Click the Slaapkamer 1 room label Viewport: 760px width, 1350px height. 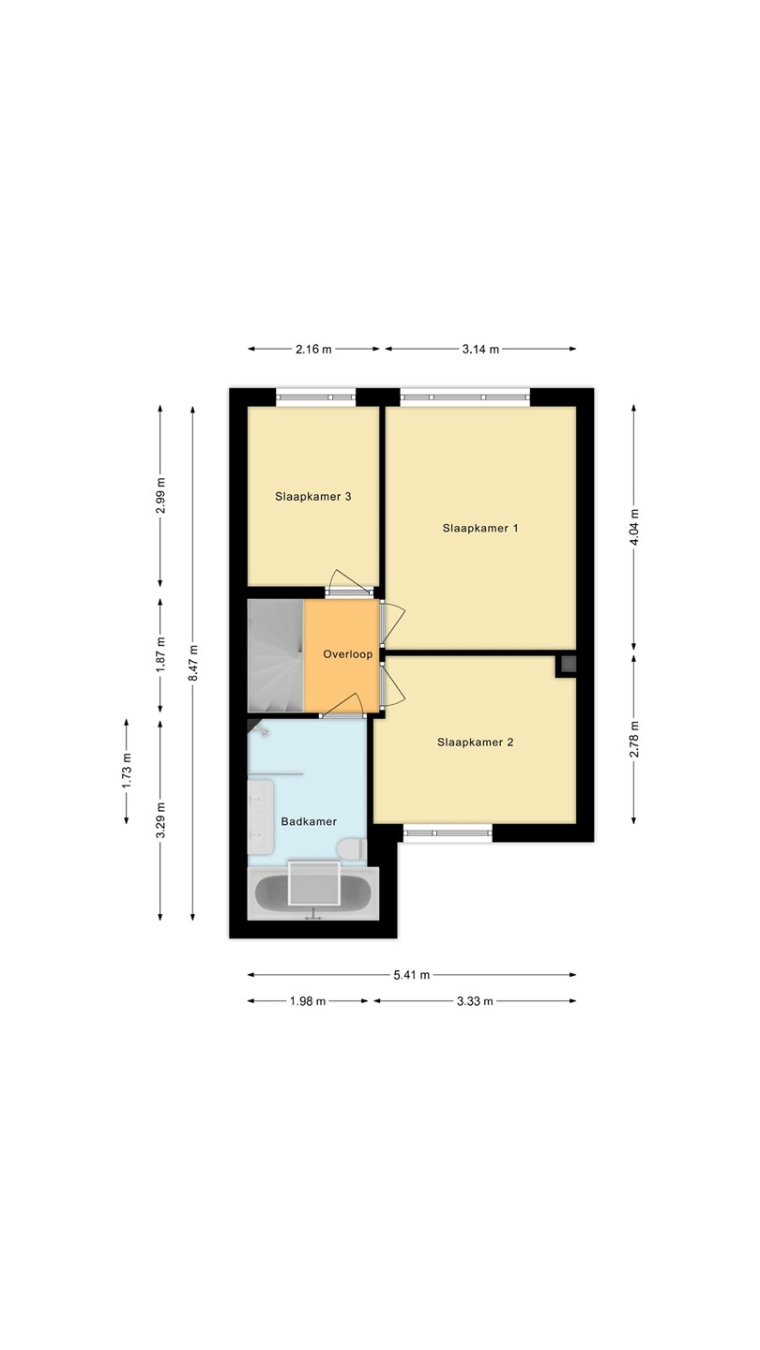[x=480, y=528]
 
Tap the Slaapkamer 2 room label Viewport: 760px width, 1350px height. [x=476, y=742]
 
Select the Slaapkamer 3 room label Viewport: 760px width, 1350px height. [x=313, y=497]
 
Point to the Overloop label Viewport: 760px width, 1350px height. [x=347, y=654]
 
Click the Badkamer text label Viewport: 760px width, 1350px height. [x=309, y=821]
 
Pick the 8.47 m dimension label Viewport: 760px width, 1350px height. [x=192, y=663]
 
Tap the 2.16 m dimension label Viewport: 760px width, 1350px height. [x=313, y=349]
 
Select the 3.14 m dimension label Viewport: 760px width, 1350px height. [x=480, y=349]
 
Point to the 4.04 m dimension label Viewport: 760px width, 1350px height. [x=634, y=527]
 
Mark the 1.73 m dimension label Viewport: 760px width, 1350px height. [x=126, y=771]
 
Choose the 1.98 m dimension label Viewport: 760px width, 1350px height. [x=308, y=1001]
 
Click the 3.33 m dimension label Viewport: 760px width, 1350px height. [x=475, y=1001]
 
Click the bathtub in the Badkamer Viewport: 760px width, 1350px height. [x=313, y=893]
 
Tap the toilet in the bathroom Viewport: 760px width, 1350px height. [x=352, y=849]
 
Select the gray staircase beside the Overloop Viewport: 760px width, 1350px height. [x=276, y=655]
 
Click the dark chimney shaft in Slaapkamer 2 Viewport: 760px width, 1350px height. [x=569, y=665]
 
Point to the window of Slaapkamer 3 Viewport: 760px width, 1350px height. [x=316, y=397]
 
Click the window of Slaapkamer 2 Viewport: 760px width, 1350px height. [x=448, y=832]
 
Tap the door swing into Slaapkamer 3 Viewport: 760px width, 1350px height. [x=349, y=581]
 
